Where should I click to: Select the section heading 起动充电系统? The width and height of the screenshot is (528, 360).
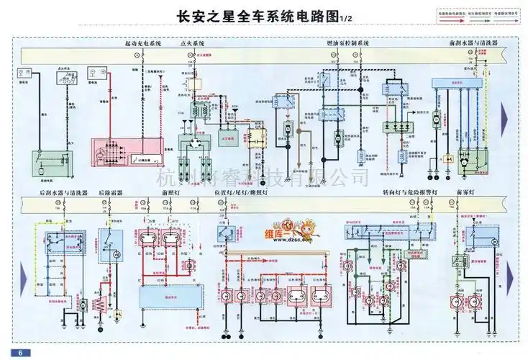coord(144,44)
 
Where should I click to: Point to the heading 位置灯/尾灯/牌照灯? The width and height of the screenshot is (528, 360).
coord(246,194)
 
